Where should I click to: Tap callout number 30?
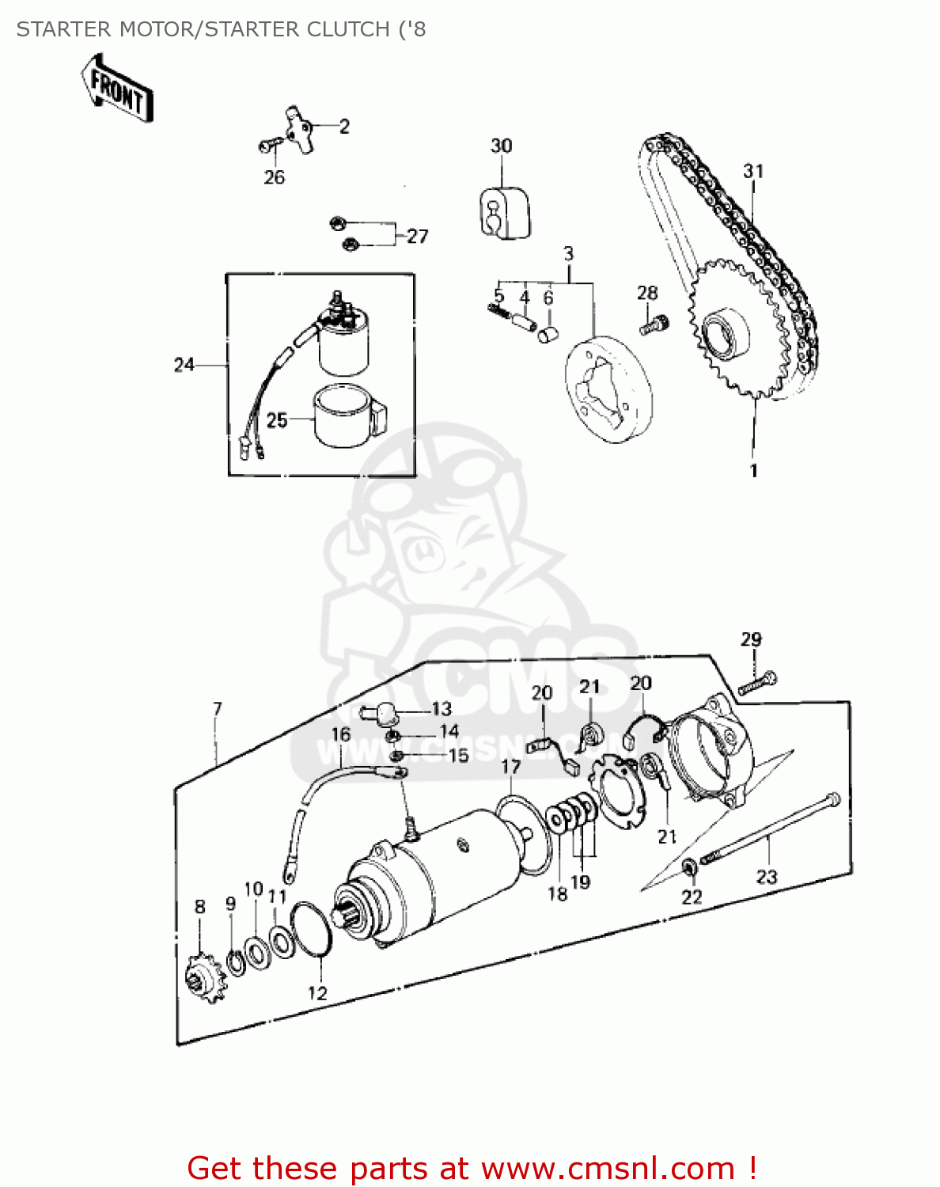501,146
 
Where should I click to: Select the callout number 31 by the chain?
753,171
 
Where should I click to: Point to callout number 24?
184,365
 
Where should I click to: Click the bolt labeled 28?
654,324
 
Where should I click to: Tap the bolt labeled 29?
758,682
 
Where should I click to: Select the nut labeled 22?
689,867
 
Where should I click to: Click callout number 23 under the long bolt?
767,876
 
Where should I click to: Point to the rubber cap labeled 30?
503,212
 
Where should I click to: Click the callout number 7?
218,708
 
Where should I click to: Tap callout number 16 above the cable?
341,734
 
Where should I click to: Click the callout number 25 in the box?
277,419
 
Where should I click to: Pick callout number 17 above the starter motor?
511,766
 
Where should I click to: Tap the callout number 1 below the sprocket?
753,470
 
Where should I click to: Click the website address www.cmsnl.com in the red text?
608,1168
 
